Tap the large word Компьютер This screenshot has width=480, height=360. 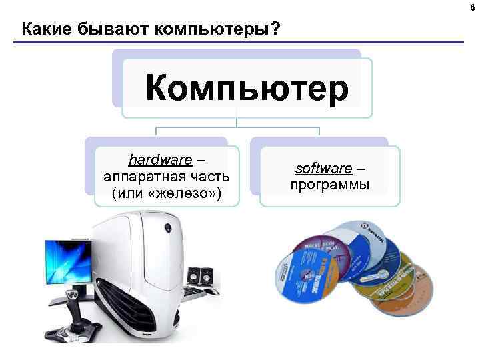(247, 89)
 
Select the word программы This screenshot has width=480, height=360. (330, 185)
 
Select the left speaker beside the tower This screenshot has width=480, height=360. (194, 277)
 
